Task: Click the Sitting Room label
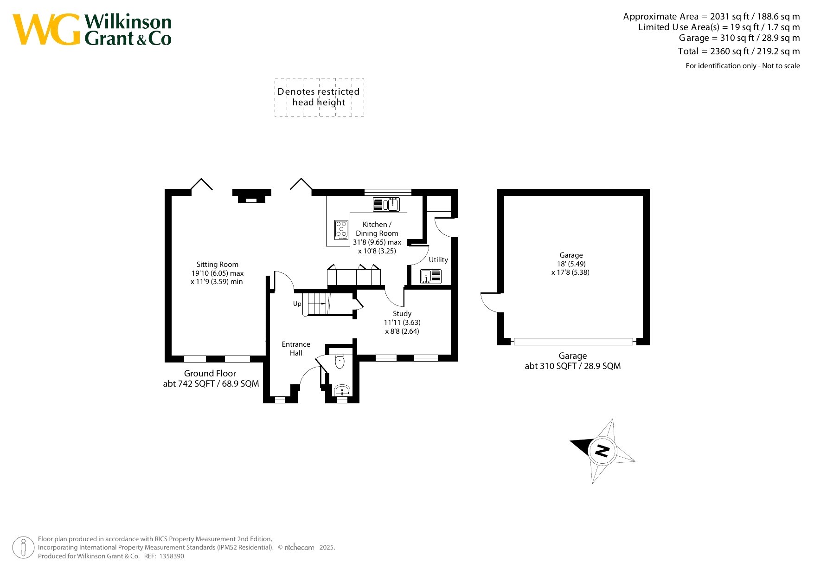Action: tap(217, 265)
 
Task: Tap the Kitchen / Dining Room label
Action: tap(377, 229)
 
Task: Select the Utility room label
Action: tap(438, 260)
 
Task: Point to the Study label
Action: tap(402, 314)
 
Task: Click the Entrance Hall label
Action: tap(296, 349)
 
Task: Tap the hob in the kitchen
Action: tap(341, 230)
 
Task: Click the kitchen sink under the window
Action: tap(386, 204)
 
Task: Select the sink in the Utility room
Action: tap(431, 277)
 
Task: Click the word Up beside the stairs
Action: tap(297, 304)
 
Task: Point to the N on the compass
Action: tap(602, 451)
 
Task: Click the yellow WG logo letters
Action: tap(46, 30)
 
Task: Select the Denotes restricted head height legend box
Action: tap(319, 97)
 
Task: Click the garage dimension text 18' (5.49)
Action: tap(571, 264)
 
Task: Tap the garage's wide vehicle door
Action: tap(573, 342)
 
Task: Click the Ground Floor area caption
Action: tap(211, 379)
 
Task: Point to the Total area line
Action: tap(739, 52)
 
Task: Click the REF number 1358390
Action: tap(171, 556)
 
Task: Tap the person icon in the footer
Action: tap(23, 548)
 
